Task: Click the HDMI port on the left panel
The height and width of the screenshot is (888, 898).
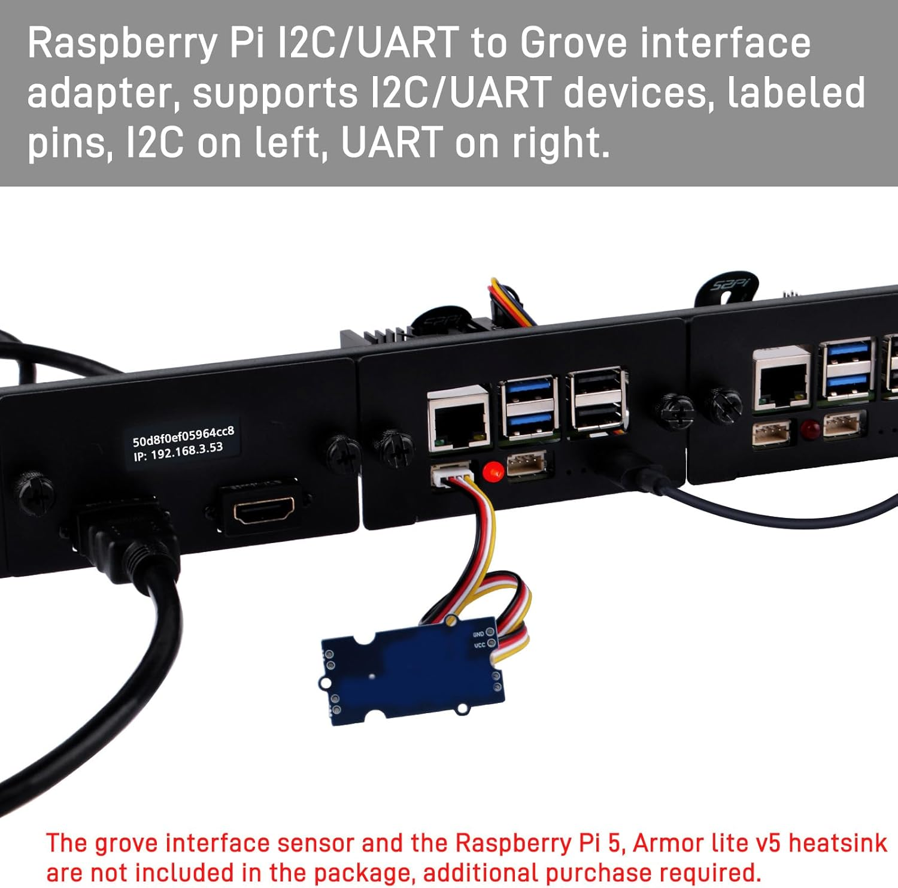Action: click(264, 510)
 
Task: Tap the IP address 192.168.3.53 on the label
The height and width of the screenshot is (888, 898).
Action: click(186, 450)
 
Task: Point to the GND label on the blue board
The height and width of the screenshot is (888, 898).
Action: click(478, 634)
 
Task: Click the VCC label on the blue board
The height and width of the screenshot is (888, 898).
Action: click(480, 645)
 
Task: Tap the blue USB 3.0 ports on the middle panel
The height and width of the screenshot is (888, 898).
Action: click(529, 405)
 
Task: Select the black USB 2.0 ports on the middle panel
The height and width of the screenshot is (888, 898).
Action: click(597, 399)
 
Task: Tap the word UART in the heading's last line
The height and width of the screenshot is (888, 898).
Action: click(392, 143)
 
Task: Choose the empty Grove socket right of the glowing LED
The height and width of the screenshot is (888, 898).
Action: click(526, 464)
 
